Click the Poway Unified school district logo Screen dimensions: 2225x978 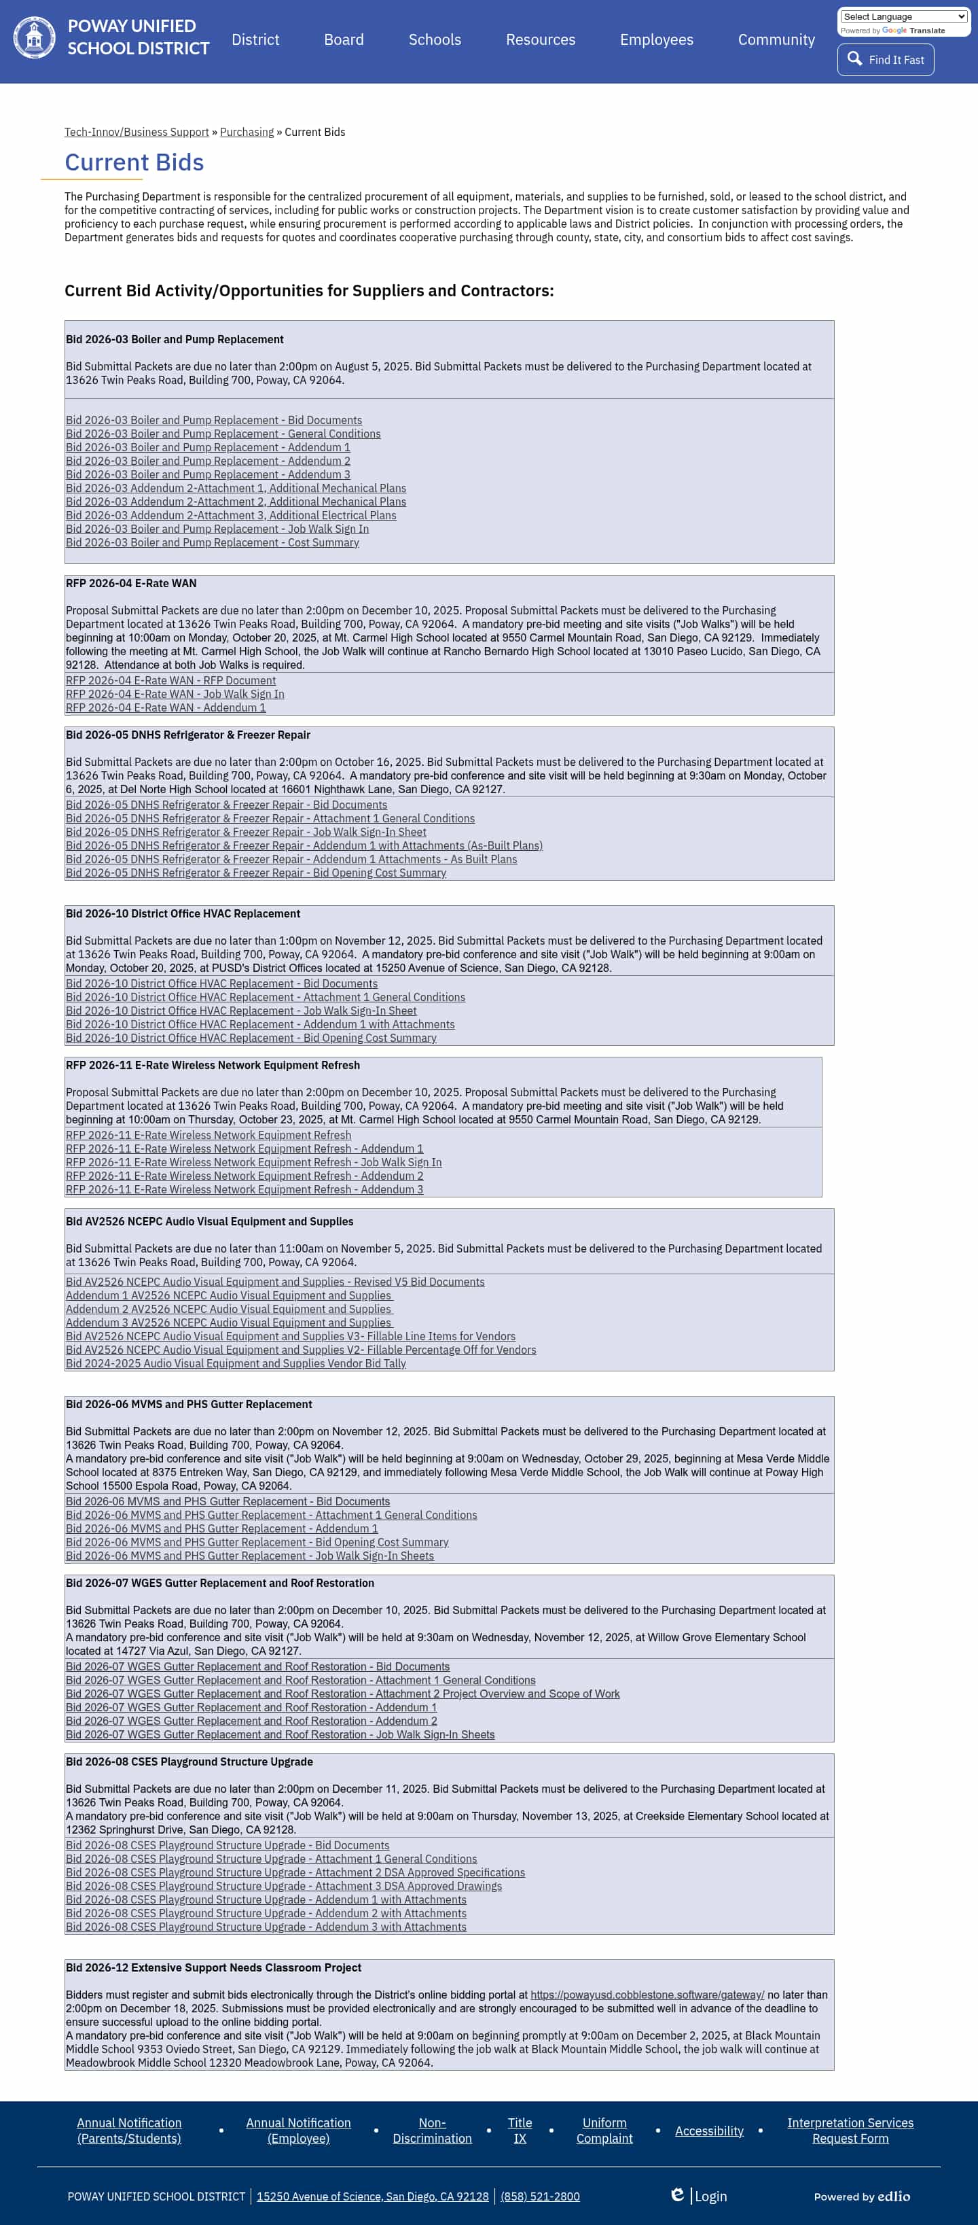[35, 37]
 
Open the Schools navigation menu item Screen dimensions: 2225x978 [434, 39]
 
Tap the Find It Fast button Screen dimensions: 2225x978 [885, 60]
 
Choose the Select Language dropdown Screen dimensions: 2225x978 [903, 16]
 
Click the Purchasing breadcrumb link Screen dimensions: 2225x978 [246, 132]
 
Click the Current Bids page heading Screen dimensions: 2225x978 [134, 162]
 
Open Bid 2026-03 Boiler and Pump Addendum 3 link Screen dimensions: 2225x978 [207, 474]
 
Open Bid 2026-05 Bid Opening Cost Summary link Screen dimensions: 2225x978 [255, 873]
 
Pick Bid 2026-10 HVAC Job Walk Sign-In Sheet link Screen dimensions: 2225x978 [241, 1011]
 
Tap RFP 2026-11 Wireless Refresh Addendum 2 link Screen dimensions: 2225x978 [244, 1176]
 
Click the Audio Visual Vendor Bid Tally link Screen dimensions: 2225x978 [236, 1363]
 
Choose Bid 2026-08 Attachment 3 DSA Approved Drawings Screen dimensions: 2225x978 [283, 1886]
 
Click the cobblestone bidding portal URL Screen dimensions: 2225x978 [647, 1995]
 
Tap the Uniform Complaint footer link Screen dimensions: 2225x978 [604, 2130]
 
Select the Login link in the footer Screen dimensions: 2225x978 [710, 2196]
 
